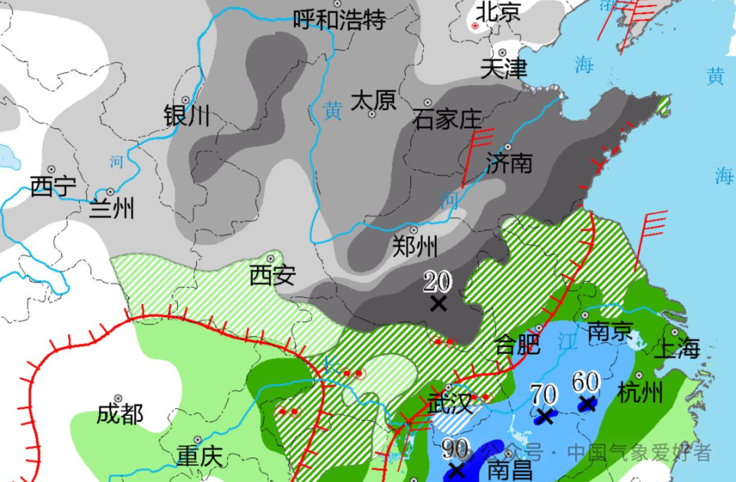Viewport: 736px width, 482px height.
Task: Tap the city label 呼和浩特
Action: (340, 19)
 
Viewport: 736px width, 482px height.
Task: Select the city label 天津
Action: (504, 68)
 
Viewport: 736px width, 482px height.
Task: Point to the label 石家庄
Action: (447, 119)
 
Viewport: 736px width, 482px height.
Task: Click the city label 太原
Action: (373, 100)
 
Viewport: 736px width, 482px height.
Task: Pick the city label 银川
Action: (187, 117)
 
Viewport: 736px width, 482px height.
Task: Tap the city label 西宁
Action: (53, 186)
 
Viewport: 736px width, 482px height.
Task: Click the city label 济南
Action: (509, 163)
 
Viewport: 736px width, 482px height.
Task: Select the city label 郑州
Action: (415, 246)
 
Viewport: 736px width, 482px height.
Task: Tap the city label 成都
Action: (120, 415)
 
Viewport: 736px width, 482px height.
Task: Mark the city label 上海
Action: (677, 349)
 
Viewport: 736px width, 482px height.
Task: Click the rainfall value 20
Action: (439, 282)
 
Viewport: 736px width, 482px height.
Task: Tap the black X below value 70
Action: (545, 417)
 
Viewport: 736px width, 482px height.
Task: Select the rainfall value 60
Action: (586, 381)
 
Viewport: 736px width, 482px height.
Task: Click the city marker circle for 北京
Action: (475, 26)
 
